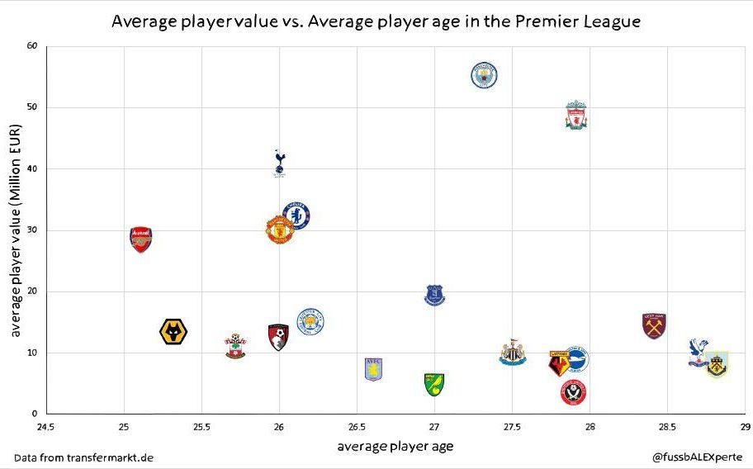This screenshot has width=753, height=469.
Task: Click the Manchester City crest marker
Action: click(484, 75)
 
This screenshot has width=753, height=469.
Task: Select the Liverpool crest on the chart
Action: click(576, 116)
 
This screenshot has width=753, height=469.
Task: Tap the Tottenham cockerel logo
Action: click(280, 163)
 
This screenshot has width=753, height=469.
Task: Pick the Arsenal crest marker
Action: click(141, 239)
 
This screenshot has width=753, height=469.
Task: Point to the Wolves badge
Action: click(173, 332)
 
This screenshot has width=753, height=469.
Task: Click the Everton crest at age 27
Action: click(434, 295)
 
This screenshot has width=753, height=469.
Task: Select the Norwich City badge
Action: click(434, 384)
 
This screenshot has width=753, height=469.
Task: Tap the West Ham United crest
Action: click(654, 325)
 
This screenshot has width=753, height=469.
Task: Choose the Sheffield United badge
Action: click(573, 392)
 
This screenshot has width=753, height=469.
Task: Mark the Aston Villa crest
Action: click(374, 369)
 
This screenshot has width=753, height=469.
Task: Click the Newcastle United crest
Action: click(513, 353)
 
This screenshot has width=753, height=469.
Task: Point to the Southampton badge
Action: click(235, 346)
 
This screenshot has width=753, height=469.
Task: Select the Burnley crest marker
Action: click(717, 364)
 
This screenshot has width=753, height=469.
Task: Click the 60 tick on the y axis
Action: click(32, 46)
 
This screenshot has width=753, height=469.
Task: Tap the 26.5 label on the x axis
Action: click(357, 427)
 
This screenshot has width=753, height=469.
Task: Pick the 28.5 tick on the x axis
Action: click(667, 427)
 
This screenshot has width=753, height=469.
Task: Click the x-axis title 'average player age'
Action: click(395, 447)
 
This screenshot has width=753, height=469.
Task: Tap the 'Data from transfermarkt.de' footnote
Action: click(83, 457)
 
